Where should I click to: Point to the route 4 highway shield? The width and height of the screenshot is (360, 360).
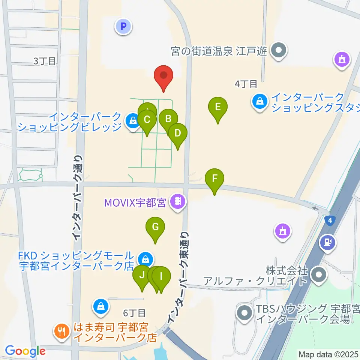[329, 220]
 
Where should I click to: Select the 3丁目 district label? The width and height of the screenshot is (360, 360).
[45, 61]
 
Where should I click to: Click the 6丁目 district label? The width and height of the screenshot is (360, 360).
[134, 313]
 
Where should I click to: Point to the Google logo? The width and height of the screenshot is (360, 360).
[25, 351]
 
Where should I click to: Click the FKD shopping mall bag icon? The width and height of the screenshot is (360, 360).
[144, 258]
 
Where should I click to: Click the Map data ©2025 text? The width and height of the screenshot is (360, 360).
[328, 354]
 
